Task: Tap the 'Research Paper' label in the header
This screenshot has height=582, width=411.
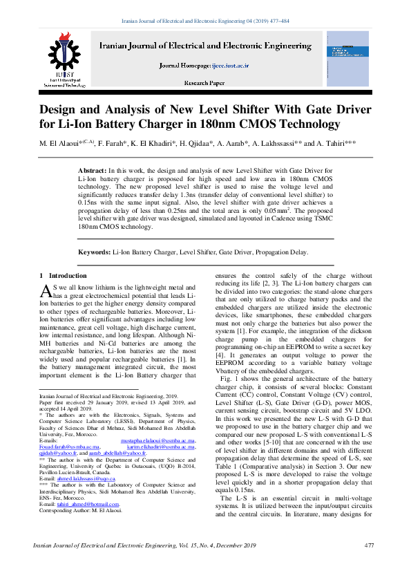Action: pyautogui.click(x=204, y=82)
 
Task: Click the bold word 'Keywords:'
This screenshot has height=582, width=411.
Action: pyautogui.click(x=95, y=253)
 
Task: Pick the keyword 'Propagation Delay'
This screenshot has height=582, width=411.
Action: pyautogui.click(x=281, y=253)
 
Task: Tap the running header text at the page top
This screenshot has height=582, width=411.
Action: pyautogui.click(x=205, y=21)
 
